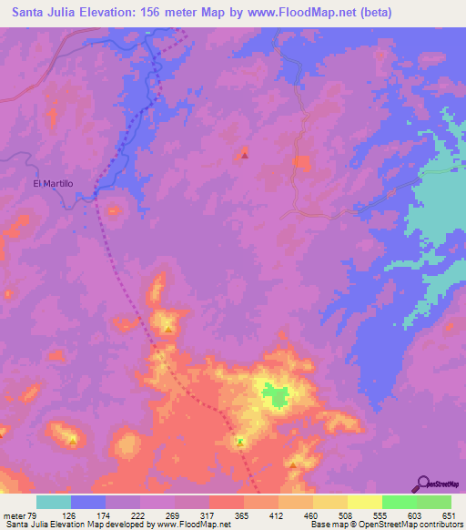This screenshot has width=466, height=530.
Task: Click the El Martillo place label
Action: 53,183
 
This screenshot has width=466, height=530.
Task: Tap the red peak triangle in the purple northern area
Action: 245,155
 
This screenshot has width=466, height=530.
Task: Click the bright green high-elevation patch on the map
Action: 275,394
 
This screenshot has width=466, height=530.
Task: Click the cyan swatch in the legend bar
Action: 54,502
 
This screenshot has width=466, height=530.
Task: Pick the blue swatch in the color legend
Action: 88,502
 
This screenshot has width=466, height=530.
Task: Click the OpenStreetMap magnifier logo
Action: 424,484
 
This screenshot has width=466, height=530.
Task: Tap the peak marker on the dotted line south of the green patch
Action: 240,442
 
